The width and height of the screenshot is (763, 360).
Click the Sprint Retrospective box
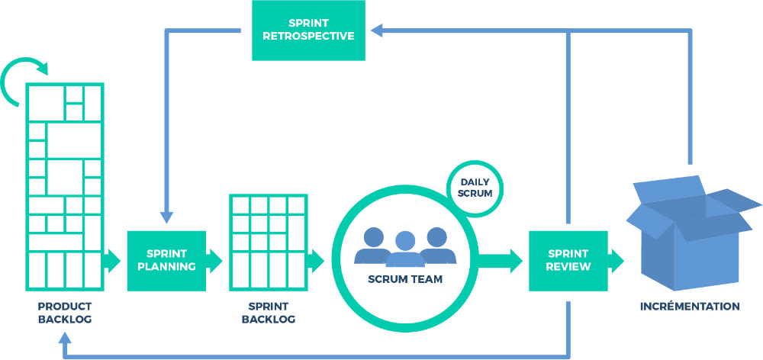(x=308, y=31)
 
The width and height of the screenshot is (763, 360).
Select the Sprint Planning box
(x=166, y=261)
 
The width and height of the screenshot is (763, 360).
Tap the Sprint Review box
(x=568, y=261)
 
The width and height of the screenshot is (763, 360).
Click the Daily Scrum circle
(x=476, y=188)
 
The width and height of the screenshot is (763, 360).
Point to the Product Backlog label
(x=65, y=313)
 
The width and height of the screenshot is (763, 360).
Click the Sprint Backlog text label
(x=268, y=313)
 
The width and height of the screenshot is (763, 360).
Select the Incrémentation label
(x=690, y=307)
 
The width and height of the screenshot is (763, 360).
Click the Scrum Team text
(x=404, y=279)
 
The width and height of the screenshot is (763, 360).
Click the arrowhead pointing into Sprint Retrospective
(x=376, y=31)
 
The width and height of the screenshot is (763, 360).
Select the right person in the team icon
(x=436, y=243)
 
